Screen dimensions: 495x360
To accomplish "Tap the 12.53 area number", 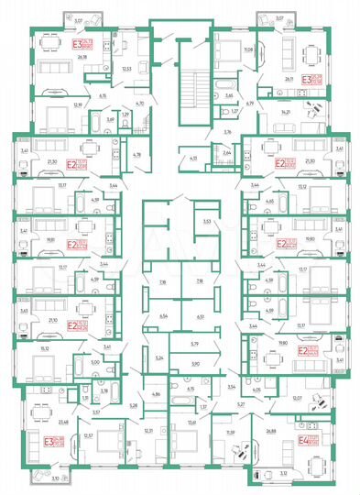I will point(127,67).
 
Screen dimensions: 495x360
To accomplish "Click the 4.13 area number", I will point(193,159).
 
